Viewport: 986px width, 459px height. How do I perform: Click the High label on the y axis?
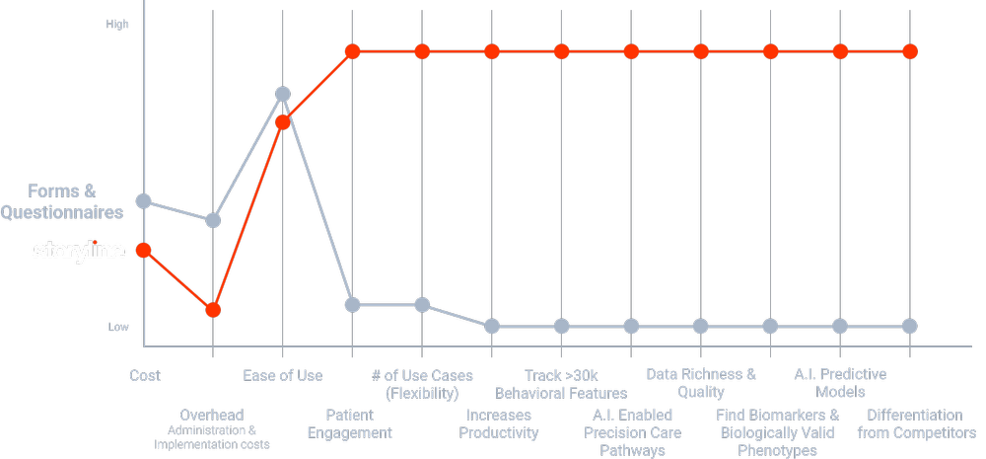(117, 23)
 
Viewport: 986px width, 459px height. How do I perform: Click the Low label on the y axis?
(117, 327)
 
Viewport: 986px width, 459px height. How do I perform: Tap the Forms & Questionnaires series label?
(62, 201)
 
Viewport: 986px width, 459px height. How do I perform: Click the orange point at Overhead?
(213, 310)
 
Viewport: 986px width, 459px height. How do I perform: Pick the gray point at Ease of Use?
(283, 94)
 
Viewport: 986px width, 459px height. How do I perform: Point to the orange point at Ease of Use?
(283, 122)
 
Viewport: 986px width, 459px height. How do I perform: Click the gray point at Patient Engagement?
(353, 304)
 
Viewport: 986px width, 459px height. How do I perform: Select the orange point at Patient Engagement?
(353, 51)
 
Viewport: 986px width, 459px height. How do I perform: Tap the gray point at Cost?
(144, 201)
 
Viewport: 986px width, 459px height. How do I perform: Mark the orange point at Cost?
(144, 250)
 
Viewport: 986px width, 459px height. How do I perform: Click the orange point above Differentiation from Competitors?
(910, 51)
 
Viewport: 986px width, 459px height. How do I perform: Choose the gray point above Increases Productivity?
(492, 326)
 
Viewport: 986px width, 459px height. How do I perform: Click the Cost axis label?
(145, 375)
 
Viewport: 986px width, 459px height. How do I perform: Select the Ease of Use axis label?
(283, 375)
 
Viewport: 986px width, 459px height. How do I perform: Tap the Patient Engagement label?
(350, 423)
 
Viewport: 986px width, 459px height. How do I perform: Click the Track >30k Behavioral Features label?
(561, 384)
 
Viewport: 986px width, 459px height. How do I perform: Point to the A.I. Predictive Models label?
(840, 383)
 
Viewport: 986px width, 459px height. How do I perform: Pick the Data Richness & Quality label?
(701, 383)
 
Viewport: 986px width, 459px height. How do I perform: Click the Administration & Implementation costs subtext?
(212, 437)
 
